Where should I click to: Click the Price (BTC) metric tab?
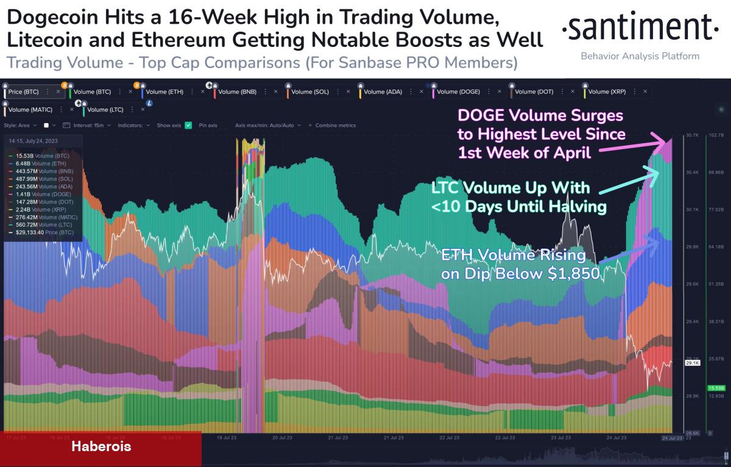tap(24, 92)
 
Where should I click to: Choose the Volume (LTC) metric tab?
tap(106, 110)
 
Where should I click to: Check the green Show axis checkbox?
tap(188, 125)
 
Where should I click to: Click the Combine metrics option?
tap(335, 125)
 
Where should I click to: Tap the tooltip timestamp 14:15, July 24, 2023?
tap(33, 141)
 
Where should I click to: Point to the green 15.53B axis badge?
tap(715, 388)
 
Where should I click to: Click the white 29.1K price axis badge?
tap(692, 363)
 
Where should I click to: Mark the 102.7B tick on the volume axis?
tap(716, 135)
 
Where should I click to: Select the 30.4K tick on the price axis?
tap(692, 173)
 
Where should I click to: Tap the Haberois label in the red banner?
tap(101, 446)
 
